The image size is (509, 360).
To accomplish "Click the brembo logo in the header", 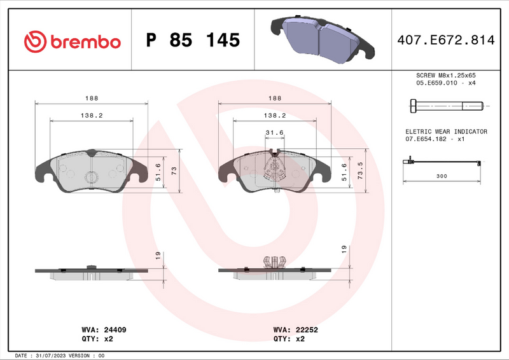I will pos(72,41).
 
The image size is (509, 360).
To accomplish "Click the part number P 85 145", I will pos(193,41).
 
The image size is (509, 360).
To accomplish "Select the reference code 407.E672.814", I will pos(445,41).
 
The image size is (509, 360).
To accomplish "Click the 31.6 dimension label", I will pos(274,132).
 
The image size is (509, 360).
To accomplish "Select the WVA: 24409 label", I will pos(104,330).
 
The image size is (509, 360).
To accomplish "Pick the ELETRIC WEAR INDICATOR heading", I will pos(446,131).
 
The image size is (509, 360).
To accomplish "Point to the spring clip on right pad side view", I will pos(274,261).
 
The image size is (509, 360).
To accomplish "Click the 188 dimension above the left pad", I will pos(91,98).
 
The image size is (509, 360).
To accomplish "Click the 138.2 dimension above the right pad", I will pos(274,115).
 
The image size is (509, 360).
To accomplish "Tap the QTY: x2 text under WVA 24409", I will pos(98,339).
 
